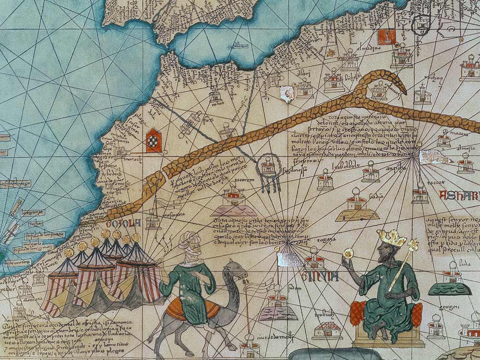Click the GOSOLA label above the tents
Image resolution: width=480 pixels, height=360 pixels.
pos(126,223)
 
